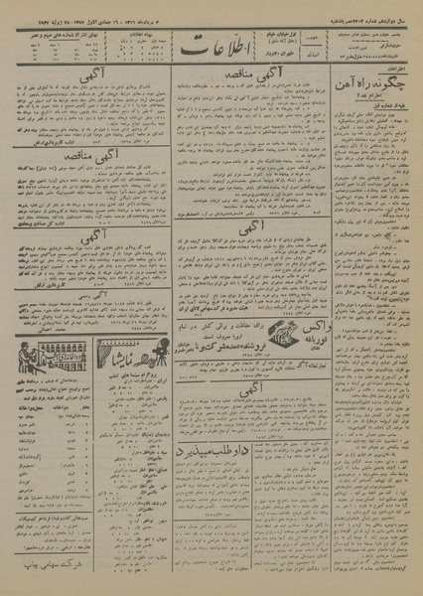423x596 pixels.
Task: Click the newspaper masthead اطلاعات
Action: [211, 42]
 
